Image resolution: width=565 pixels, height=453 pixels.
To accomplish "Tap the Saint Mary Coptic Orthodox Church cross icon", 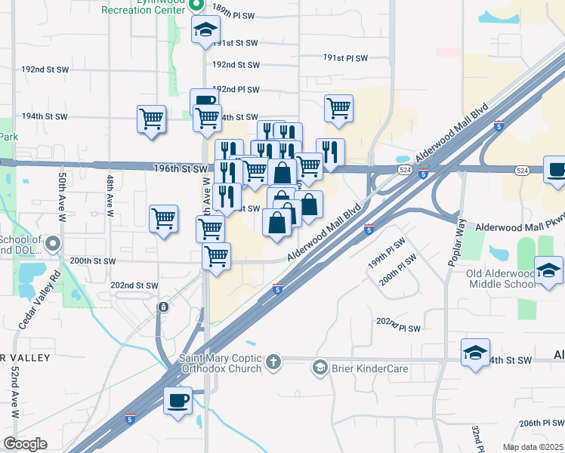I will pos(273,363).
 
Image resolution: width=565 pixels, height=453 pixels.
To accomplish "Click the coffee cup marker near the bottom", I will pos(178,400).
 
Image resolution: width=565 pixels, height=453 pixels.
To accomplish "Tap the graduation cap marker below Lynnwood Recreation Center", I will pos(205,31).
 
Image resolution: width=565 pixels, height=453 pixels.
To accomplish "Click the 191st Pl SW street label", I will pos(345,58).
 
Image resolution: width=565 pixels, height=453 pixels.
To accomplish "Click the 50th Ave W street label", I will pos(62,196).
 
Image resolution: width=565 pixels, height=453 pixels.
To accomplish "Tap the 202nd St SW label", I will pos(134,285).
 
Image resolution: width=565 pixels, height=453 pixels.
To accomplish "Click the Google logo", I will pos(25,444).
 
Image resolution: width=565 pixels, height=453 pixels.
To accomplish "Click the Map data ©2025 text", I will pos(533,447).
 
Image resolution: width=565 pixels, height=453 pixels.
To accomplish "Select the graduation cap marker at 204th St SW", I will pos(475,353).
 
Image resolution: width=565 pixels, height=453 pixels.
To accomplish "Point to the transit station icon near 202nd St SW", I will pos(163,307).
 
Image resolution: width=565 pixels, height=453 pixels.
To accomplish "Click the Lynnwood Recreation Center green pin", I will pos(196,5).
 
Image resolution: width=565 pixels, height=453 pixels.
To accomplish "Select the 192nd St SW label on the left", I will pos(45,69).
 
